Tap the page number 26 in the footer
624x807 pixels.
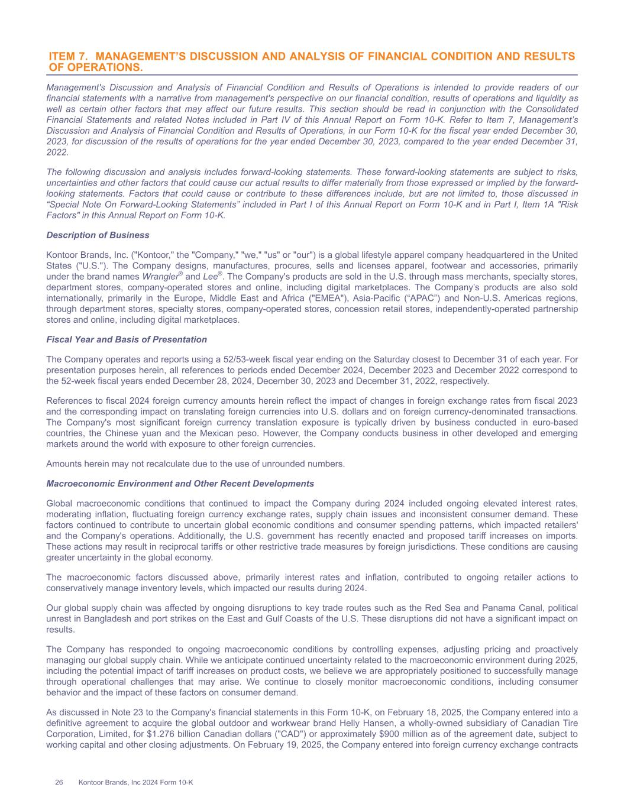click(59, 782)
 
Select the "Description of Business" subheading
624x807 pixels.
click(98, 235)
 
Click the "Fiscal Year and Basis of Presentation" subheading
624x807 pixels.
click(127, 339)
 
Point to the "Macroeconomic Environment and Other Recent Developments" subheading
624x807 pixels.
click(180, 484)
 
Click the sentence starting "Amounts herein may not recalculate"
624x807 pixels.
click(195, 464)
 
